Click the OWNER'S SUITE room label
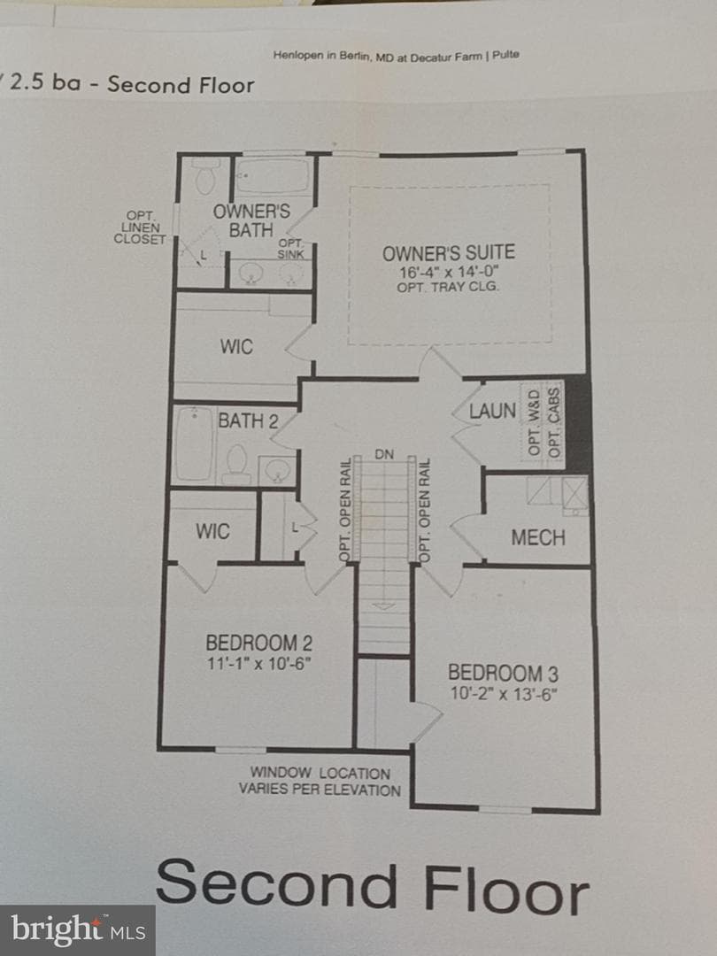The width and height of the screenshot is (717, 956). click(x=448, y=252)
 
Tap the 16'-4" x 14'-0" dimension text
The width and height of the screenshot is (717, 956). click(x=449, y=272)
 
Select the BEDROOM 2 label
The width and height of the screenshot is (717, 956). click(x=259, y=643)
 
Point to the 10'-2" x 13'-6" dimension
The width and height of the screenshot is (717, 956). click(x=503, y=694)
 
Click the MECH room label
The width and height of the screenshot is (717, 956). click(x=538, y=537)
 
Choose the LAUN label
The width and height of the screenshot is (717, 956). click(x=492, y=411)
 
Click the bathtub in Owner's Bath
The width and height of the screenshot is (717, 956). click(x=272, y=175)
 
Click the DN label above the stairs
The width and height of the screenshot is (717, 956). click(x=384, y=454)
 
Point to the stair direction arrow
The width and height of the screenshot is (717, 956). click(x=382, y=605)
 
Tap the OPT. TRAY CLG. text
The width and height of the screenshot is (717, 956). click(x=448, y=287)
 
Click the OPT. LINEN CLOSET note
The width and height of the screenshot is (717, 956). click(x=140, y=227)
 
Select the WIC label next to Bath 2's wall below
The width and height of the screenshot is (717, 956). click(x=212, y=531)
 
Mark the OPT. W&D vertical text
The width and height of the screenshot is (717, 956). click(x=534, y=421)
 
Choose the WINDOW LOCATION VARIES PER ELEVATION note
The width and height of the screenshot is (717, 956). click(x=320, y=782)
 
